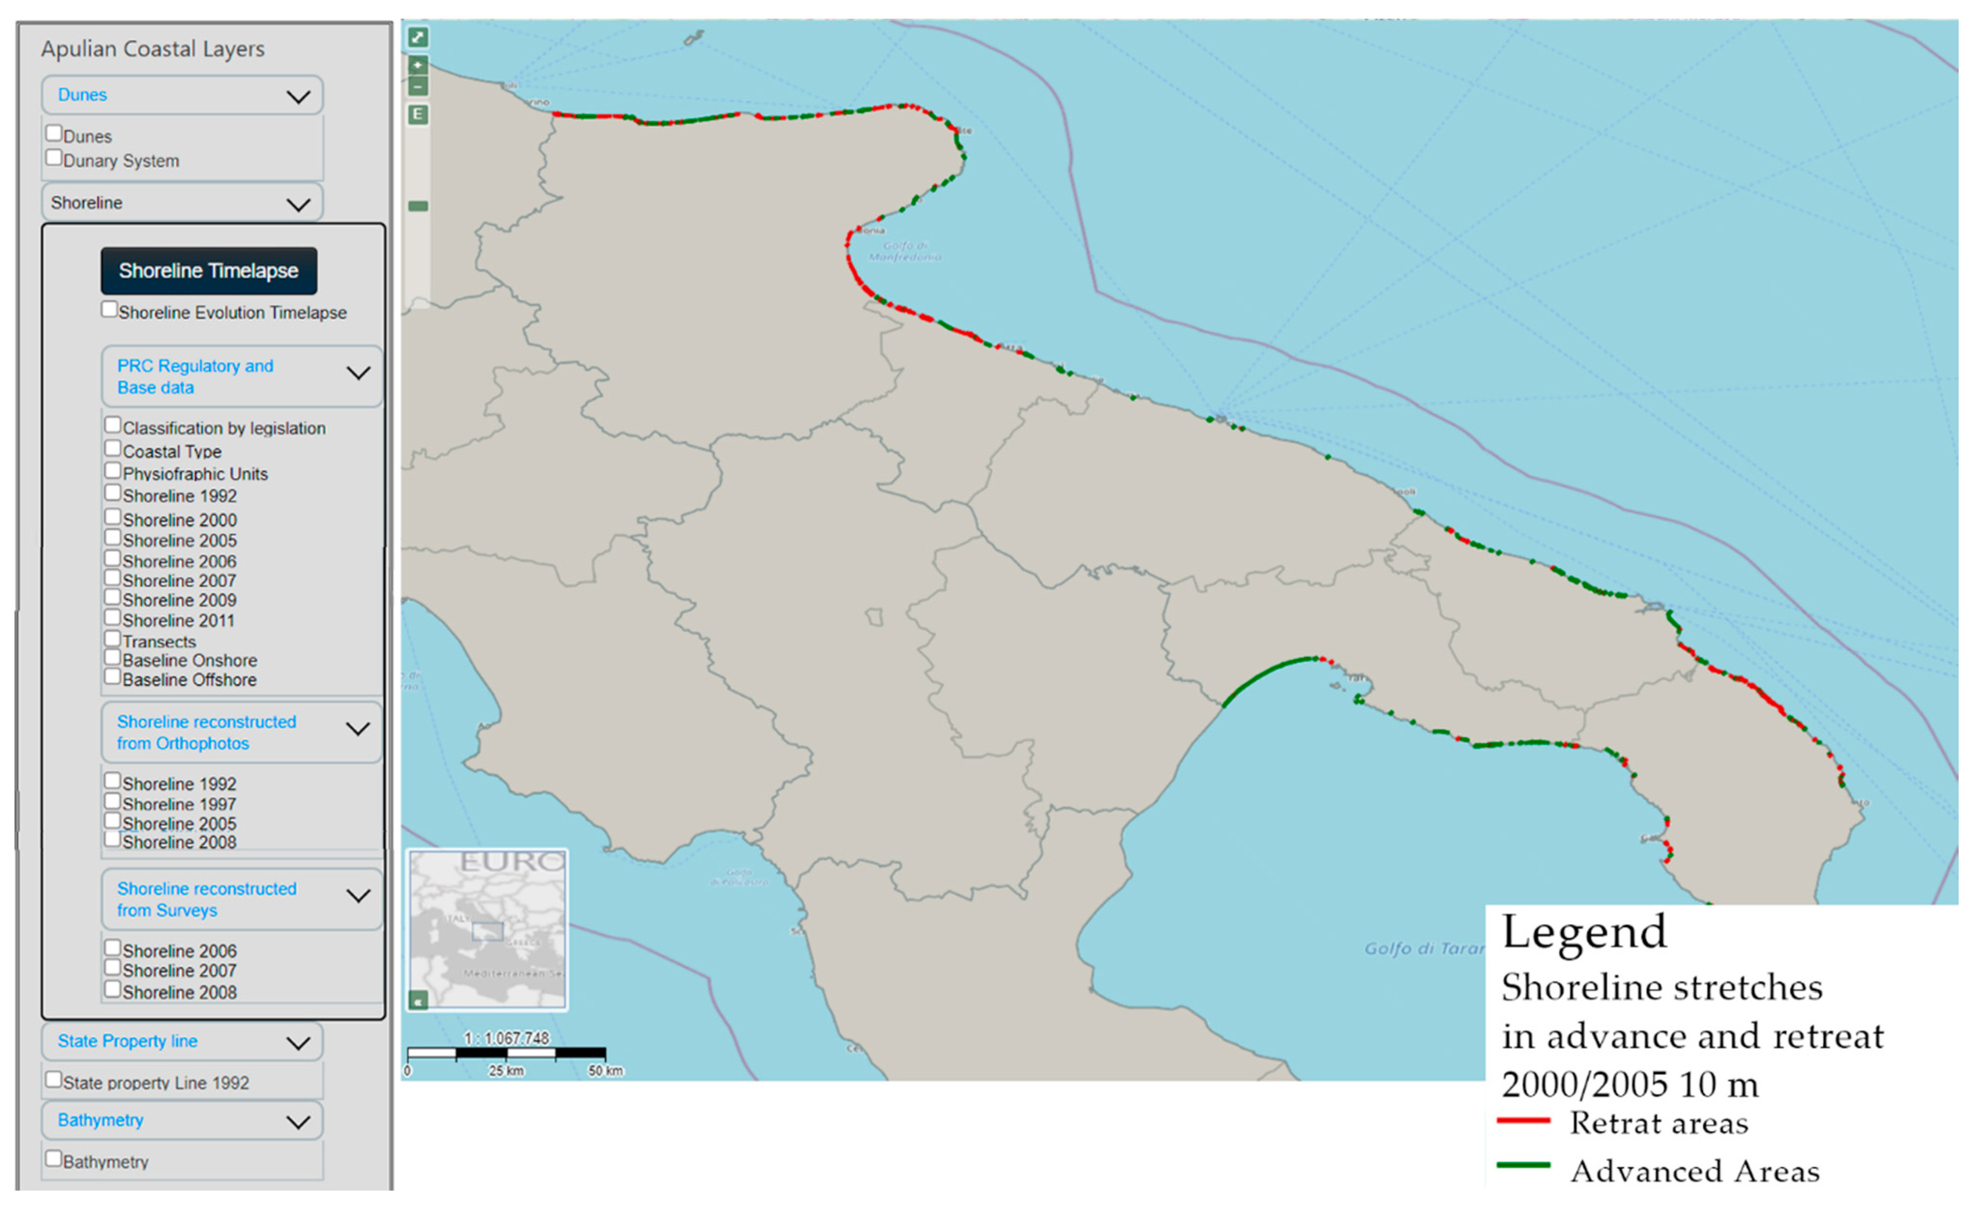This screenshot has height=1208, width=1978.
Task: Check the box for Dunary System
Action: point(54,158)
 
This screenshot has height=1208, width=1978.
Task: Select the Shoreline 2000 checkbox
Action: point(112,517)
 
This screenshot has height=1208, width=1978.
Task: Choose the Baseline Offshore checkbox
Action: point(112,677)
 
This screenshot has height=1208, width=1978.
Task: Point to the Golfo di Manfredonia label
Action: point(905,252)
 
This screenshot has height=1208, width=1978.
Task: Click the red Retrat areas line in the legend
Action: point(1524,1120)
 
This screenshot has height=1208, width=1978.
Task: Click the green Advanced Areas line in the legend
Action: point(1524,1164)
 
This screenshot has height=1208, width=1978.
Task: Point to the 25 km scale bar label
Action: point(507,1071)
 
